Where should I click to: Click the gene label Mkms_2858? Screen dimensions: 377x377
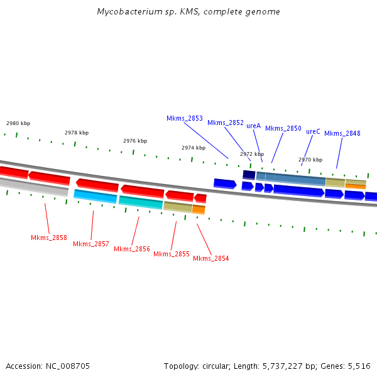49,238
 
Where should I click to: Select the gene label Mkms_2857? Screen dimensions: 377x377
91,244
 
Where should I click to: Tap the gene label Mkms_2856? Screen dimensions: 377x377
132,249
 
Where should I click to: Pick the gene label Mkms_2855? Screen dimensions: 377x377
172,254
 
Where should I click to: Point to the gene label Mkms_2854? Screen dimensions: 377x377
211,258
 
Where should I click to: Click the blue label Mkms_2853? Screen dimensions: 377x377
185,118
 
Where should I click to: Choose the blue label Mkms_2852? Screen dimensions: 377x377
226,123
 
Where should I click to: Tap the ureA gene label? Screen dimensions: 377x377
253,126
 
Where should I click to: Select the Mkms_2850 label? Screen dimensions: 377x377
283,128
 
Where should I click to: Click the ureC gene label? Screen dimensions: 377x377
313,131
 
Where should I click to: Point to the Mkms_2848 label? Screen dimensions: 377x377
342,133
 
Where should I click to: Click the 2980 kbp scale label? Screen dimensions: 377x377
18,123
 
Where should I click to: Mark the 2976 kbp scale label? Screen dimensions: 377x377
135,141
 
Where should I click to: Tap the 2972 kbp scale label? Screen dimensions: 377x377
252,154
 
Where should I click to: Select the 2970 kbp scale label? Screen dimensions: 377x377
310,160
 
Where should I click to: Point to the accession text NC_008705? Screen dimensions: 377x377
67,366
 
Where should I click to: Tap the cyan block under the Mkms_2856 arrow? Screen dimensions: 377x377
140,202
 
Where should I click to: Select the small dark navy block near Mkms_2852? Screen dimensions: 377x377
249,175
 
